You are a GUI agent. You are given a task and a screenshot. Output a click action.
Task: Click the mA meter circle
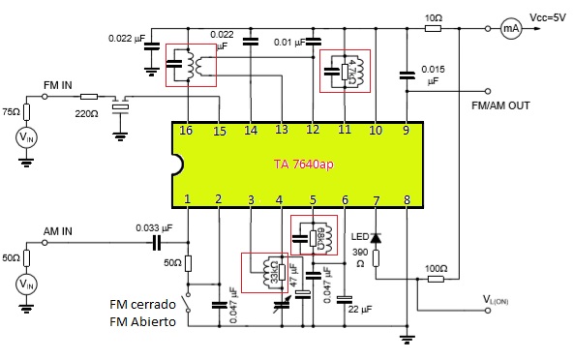point(510,29)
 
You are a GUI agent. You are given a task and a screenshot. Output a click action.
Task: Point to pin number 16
point(188,130)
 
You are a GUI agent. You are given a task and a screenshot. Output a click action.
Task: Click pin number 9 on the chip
point(406,130)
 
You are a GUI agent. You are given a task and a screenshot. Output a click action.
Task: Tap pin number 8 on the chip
point(406,200)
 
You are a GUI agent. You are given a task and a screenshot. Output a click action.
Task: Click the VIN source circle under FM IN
point(27,138)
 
